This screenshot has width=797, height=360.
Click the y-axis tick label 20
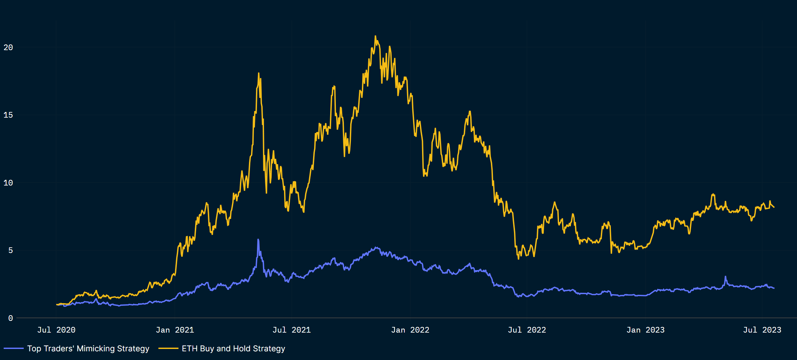[x=8, y=47]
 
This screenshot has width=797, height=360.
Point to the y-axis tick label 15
[x=8, y=115]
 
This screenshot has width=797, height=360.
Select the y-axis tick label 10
[x=8, y=183]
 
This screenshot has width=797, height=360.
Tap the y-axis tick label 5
[x=11, y=250]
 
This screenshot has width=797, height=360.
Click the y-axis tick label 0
[x=11, y=318]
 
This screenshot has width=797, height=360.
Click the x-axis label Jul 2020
[x=56, y=330]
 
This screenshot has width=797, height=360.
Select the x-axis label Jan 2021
[x=175, y=330]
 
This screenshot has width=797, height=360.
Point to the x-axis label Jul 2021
[x=291, y=330]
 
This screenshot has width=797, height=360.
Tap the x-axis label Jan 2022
[x=410, y=330]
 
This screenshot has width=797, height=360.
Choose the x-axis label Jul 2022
[x=527, y=330]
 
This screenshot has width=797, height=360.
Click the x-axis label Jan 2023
[x=645, y=330]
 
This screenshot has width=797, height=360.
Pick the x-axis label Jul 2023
[x=762, y=330]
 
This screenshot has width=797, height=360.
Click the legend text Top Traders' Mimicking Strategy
[x=88, y=349]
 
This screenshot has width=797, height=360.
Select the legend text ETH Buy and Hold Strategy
[x=233, y=349]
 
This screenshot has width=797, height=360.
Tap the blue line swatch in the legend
[x=14, y=349]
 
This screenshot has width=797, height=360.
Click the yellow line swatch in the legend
[x=168, y=349]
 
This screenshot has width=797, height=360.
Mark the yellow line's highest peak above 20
[x=375, y=36]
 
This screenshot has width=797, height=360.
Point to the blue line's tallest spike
[x=258, y=240]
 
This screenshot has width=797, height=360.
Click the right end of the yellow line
[x=774, y=207]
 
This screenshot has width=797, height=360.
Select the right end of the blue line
[x=774, y=288]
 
